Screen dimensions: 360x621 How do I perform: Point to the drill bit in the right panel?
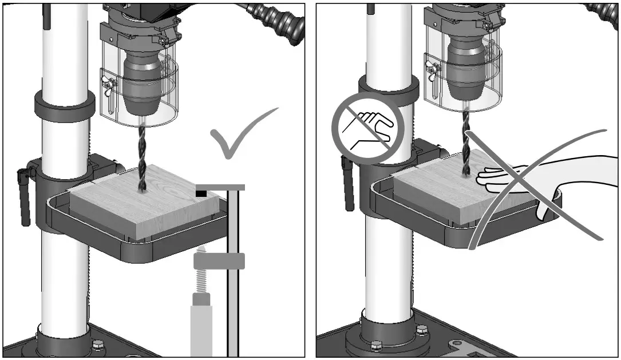click(x=465, y=143)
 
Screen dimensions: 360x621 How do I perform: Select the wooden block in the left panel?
click(x=143, y=206)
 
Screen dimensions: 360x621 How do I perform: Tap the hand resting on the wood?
click(x=515, y=177)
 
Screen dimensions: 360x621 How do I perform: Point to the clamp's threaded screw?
click(x=201, y=280)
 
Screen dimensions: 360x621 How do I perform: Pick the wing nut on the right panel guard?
click(x=433, y=69)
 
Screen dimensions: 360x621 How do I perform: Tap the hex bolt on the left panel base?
click(x=98, y=345)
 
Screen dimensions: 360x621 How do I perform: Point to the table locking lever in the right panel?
click(x=347, y=183)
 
